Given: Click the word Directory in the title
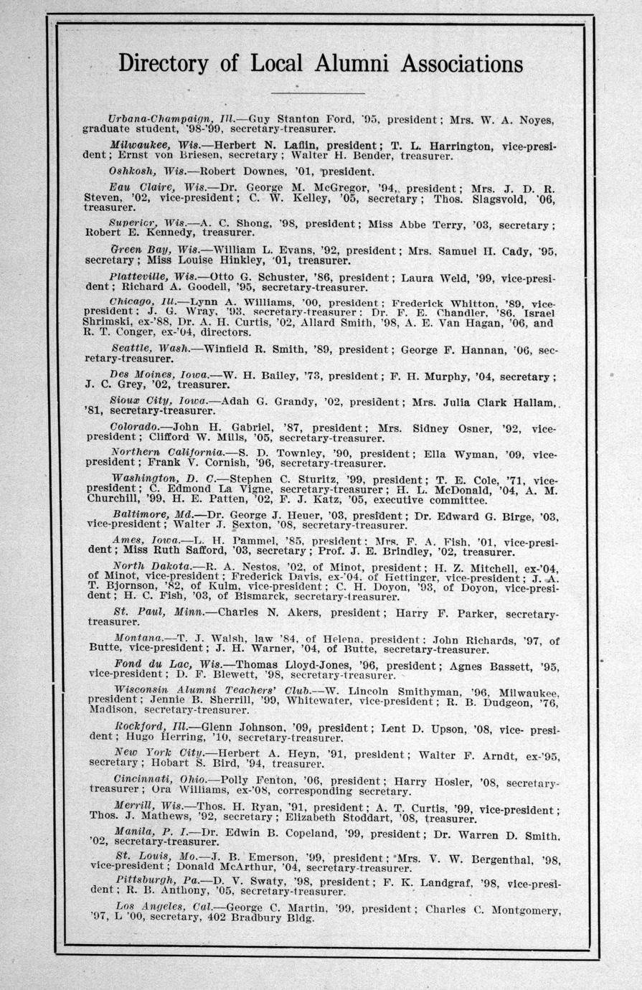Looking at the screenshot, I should coord(164,64).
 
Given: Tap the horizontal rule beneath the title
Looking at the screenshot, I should coord(319,93).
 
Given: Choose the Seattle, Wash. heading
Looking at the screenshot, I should coord(151,348).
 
